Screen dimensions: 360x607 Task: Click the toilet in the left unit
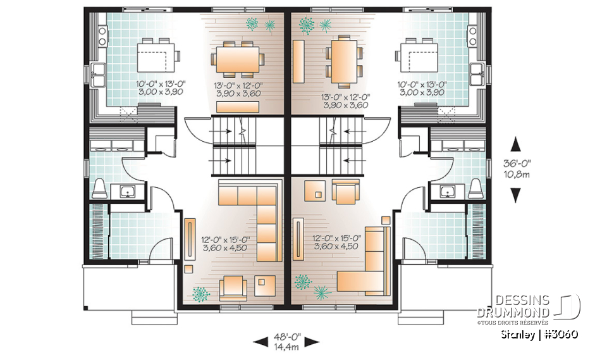pyautogui.click(x=99, y=188)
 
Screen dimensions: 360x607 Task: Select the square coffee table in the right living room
pyautogui.click(x=314, y=189)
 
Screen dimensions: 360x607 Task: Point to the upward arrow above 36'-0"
pyautogui.click(x=517, y=143)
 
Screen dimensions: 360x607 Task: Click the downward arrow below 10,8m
pyautogui.click(x=517, y=196)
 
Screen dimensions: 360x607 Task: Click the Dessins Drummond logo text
pyautogui.click(x=513, y=306)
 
